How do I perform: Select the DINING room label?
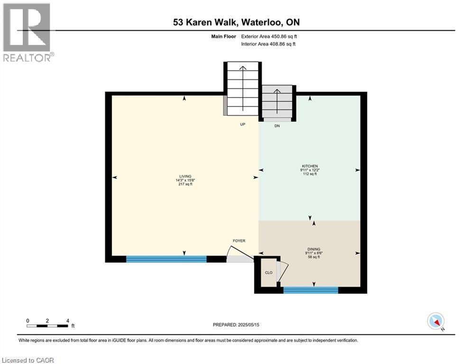pos(313,249)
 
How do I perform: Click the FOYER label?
pos(239,241)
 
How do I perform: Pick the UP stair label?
pos(241,124)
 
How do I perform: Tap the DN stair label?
pos(278,126)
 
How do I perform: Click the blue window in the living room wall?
pos(167,259)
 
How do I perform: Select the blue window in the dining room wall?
pos(311,290)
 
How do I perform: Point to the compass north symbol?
pos(435,321)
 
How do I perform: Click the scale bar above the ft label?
pos(47,326)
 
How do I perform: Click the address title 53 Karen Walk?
pos(236,22)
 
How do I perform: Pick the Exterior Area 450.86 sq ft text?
pos(269,36)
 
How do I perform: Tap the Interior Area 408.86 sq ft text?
pos(268,44)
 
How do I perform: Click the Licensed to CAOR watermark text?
pos(28,360)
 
